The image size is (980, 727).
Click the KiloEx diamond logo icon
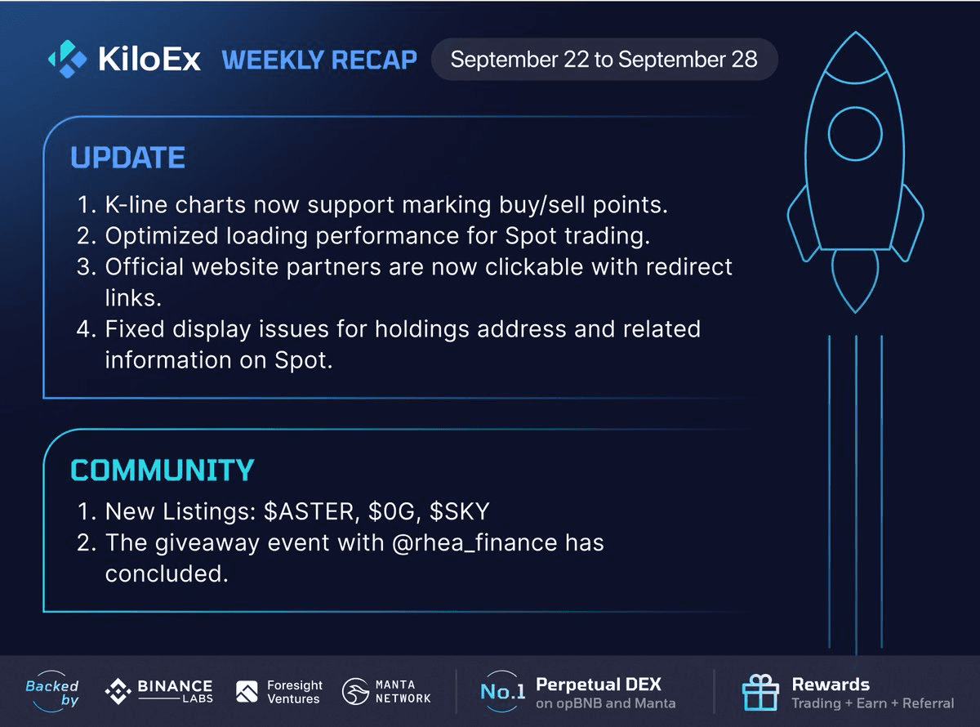coord(68,59)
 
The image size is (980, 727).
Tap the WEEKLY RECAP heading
coord(319,60)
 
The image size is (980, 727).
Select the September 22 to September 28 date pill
coord(604,59)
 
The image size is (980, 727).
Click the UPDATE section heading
coord(127,158)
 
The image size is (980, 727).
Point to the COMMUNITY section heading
coord(163,470)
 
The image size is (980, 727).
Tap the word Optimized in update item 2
coord(162,236)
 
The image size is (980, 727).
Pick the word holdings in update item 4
coord(421,329)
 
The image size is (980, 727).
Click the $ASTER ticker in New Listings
coord(309,511)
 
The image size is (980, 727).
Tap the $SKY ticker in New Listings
coord(460,511)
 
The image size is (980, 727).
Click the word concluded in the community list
coord(166,573)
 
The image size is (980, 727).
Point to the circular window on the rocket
coord(855,133)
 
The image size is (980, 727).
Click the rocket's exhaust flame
coord(855,281)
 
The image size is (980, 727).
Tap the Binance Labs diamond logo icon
coord(118,691)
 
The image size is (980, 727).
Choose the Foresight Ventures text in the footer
coord(294,692)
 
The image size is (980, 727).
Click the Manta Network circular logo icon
coord(355,691)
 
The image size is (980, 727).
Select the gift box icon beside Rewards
coord(760,692)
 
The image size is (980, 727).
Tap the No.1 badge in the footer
coord(502,691)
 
